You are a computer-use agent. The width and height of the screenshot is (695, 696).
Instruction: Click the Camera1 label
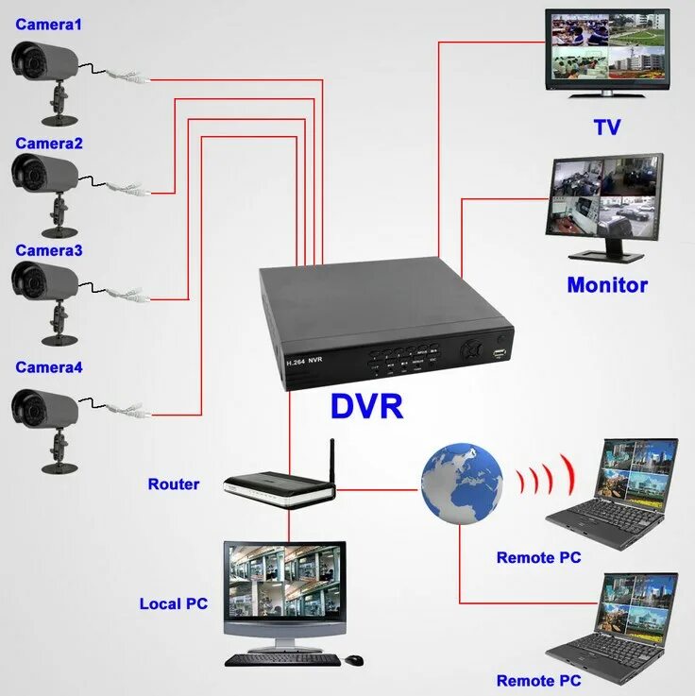point(48,25)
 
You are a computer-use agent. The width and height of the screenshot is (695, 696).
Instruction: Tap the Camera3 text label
point(48,251)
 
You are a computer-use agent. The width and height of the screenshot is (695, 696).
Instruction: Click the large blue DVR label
point(366,407)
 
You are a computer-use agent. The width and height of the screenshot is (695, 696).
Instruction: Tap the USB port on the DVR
point(498,354)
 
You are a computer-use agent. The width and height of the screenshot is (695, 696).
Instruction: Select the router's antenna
point(332,461)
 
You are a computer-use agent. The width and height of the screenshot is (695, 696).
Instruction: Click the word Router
point(174,484)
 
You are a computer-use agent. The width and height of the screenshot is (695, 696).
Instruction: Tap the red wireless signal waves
point(549,476)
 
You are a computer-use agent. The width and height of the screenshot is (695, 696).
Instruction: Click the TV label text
point(606,127)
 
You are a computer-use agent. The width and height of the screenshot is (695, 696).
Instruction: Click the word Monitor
point(607,285)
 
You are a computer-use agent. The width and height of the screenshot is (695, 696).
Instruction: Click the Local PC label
point(173,603)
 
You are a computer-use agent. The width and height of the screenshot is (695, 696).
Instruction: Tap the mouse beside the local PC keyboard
point(353,659)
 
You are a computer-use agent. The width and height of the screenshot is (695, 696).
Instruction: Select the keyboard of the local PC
point(281,659)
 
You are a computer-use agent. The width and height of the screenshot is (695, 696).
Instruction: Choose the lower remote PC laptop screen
point(639,605)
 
